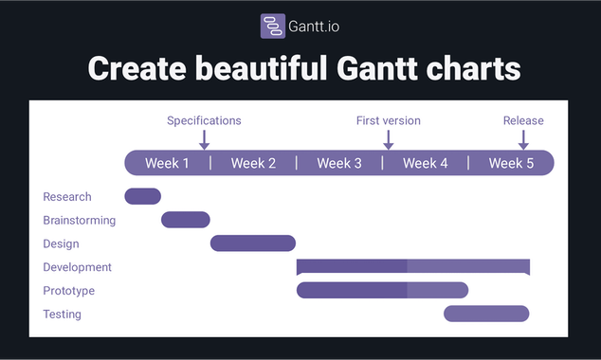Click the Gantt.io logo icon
pos(273,26)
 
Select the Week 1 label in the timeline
pos(167,163)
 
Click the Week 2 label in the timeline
pos(253,163)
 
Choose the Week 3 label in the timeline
pos(339,163)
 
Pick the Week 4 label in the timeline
pos(425,163)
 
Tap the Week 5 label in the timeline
pos(511,163)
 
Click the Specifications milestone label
pos(204,120)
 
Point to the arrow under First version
pos(388,139)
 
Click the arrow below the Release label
pos(523,139)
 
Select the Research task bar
pos(143,196)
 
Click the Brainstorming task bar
pos(186,220)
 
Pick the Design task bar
pos(253,243)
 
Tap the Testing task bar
pos(486,314)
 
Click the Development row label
pos(77,267)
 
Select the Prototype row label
pos(68,291)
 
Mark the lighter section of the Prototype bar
pos(438,290)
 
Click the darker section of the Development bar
pos(352,266)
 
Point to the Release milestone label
pos(523,120)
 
